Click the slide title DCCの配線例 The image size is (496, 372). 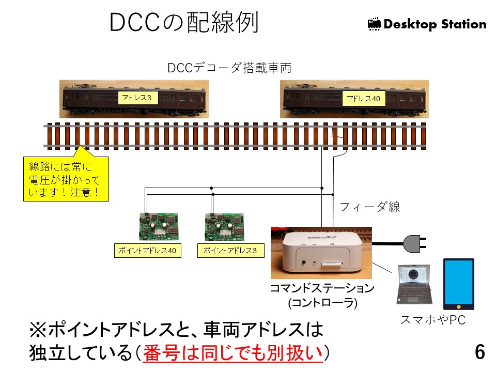(184, 23)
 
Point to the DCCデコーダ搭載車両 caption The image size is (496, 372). (229, 68)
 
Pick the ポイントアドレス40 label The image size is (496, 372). (147, 251)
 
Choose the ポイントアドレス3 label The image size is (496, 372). (231, 251)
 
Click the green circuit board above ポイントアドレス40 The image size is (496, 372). (159, 226)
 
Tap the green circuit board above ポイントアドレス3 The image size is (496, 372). (224, 226)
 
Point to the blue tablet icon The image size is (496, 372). (458, 284)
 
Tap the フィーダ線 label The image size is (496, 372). (370, 207)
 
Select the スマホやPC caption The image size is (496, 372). (433, 320)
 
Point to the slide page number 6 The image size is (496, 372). (480, 352)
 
